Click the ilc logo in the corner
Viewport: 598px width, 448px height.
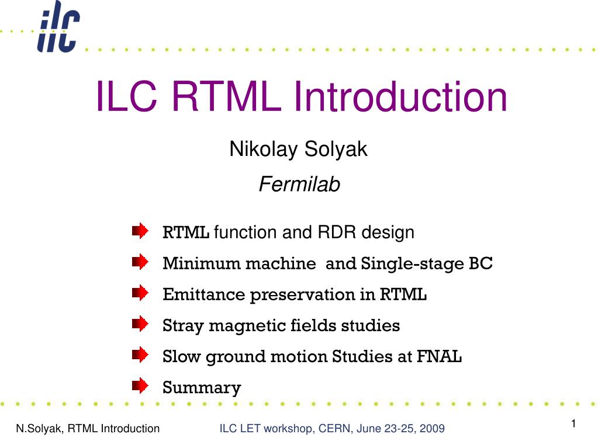pos(58,27)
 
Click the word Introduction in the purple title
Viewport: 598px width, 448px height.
pos(400,96)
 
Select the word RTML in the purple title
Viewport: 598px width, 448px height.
pos(226,96)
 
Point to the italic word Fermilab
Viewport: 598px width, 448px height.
pos(299,185)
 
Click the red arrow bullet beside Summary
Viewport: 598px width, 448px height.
pos(140,386)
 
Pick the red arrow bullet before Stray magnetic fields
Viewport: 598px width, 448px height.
pos(140,324)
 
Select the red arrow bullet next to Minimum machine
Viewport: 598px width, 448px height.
pos(140,262)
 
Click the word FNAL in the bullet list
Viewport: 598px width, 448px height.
pos(439,356)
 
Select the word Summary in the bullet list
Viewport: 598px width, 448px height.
pos(202,388)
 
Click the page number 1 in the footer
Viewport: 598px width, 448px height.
pos(573,423)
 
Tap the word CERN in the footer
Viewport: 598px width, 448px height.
pos(334,429)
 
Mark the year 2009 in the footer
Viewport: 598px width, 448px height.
pos(432,429)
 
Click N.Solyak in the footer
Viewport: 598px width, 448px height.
pos(39,429)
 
